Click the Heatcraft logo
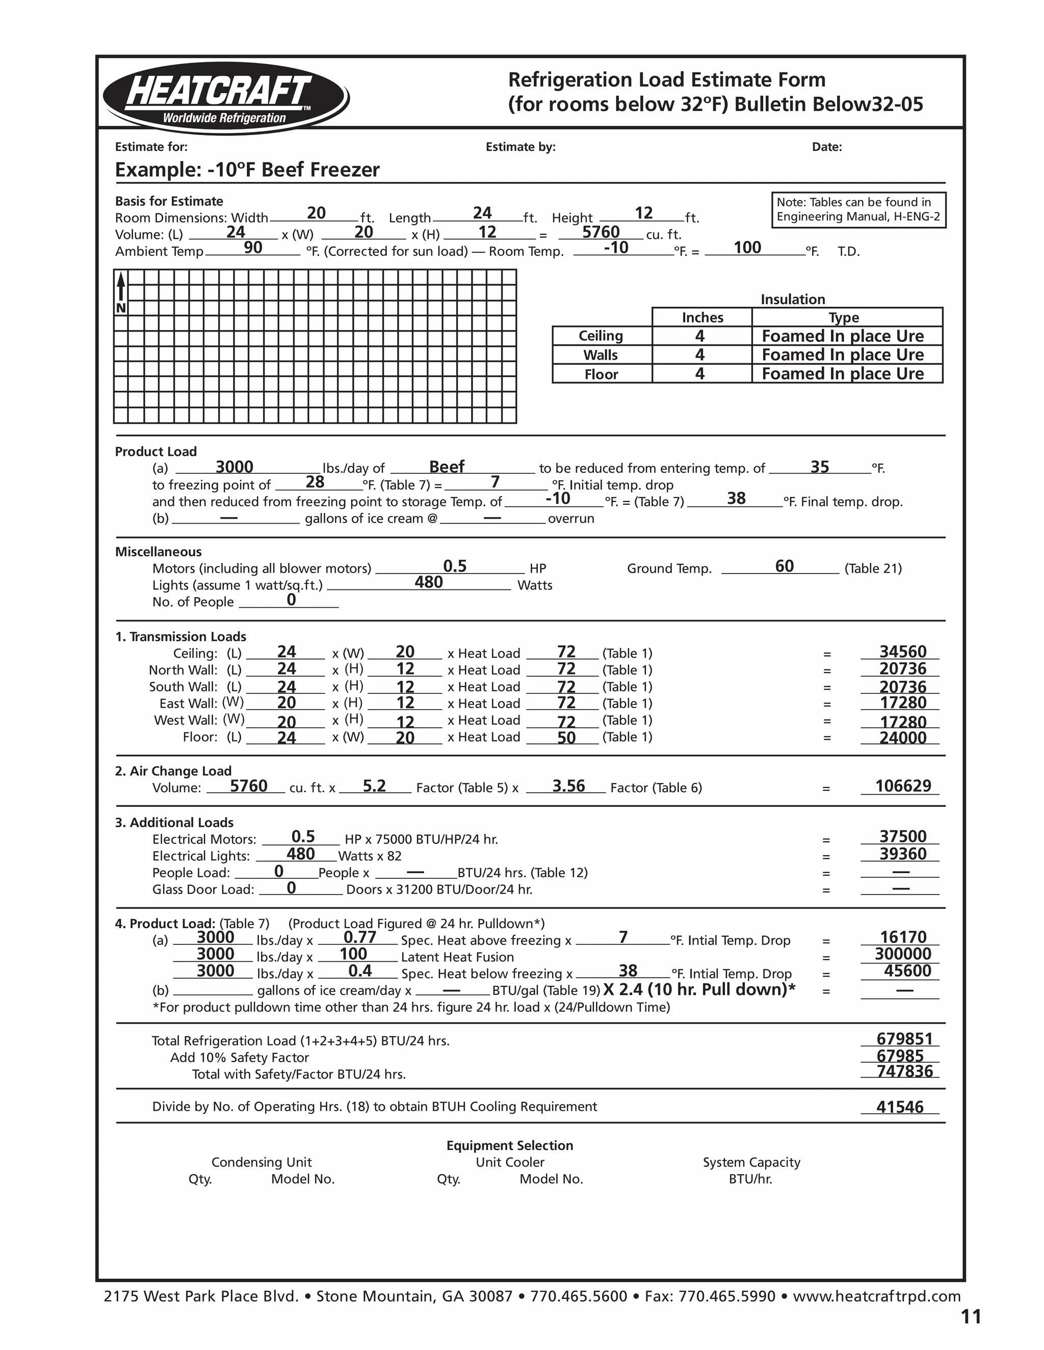click(x=226, y=97)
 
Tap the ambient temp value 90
click(x=253, y=248)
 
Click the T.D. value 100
click(x=747, y=248)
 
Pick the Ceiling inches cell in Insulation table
click(x=700, y=336)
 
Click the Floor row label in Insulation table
click(x=601, y=374)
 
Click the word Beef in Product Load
click(x=447, y=467)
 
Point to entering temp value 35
click(x=820, y=467)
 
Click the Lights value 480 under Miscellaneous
click(x=429, y=582)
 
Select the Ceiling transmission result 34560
click(x=903, y=652)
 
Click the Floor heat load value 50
click(x=566, y=738)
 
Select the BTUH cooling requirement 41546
click(x=900, y=1107)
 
